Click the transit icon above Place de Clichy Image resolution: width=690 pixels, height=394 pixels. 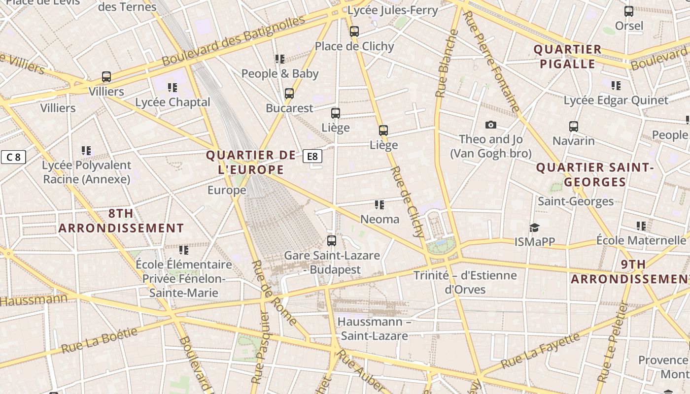[354, 32]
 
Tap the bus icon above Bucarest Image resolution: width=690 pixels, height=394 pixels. [289, 93]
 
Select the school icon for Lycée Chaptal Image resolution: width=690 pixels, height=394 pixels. [172, 88]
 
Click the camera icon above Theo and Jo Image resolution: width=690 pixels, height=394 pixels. [490, 125]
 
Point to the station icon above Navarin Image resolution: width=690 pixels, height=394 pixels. [573, 126]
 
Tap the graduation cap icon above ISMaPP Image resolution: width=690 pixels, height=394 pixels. [534, 228]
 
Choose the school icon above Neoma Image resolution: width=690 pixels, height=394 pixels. [379, 204]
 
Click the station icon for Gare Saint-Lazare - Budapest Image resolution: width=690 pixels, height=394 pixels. [332, 241]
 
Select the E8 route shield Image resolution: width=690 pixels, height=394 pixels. [312, 157]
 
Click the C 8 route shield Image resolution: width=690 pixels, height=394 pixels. [13, 157]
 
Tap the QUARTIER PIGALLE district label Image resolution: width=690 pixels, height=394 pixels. [567, 56]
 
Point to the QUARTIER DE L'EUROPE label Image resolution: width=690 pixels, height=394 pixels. [251, 163]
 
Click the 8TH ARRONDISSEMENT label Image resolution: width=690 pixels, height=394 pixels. [121, 221]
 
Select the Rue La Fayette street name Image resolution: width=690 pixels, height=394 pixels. [540, 351]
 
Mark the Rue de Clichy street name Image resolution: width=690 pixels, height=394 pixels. [407, 202]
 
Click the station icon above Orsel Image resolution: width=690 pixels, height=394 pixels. [628, 11]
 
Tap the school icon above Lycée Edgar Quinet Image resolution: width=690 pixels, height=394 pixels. [616, 86]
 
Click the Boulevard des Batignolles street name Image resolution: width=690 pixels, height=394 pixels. [234, 41]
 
